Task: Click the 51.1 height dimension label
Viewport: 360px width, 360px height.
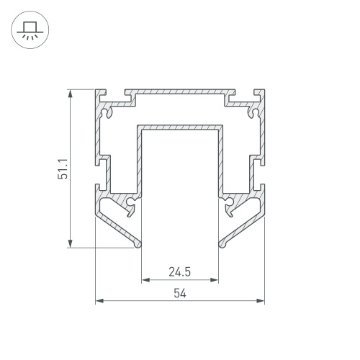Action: pos(63,169)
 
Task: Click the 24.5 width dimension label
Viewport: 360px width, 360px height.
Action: pos(180,272)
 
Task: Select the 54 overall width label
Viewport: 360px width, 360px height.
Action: pos(180,293)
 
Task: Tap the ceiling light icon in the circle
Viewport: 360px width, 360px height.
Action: pos(30,30)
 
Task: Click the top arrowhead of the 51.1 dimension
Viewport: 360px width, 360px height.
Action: pos(70,94)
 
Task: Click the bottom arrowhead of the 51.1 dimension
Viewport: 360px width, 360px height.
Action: pos(70,243)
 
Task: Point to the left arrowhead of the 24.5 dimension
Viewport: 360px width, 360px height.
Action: pos(145,280)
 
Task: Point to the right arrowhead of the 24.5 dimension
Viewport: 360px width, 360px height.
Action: pos(214,280)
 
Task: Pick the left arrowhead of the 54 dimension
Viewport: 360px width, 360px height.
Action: pos(99,301)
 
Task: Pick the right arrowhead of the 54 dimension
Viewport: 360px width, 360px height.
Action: pos(261,301)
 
